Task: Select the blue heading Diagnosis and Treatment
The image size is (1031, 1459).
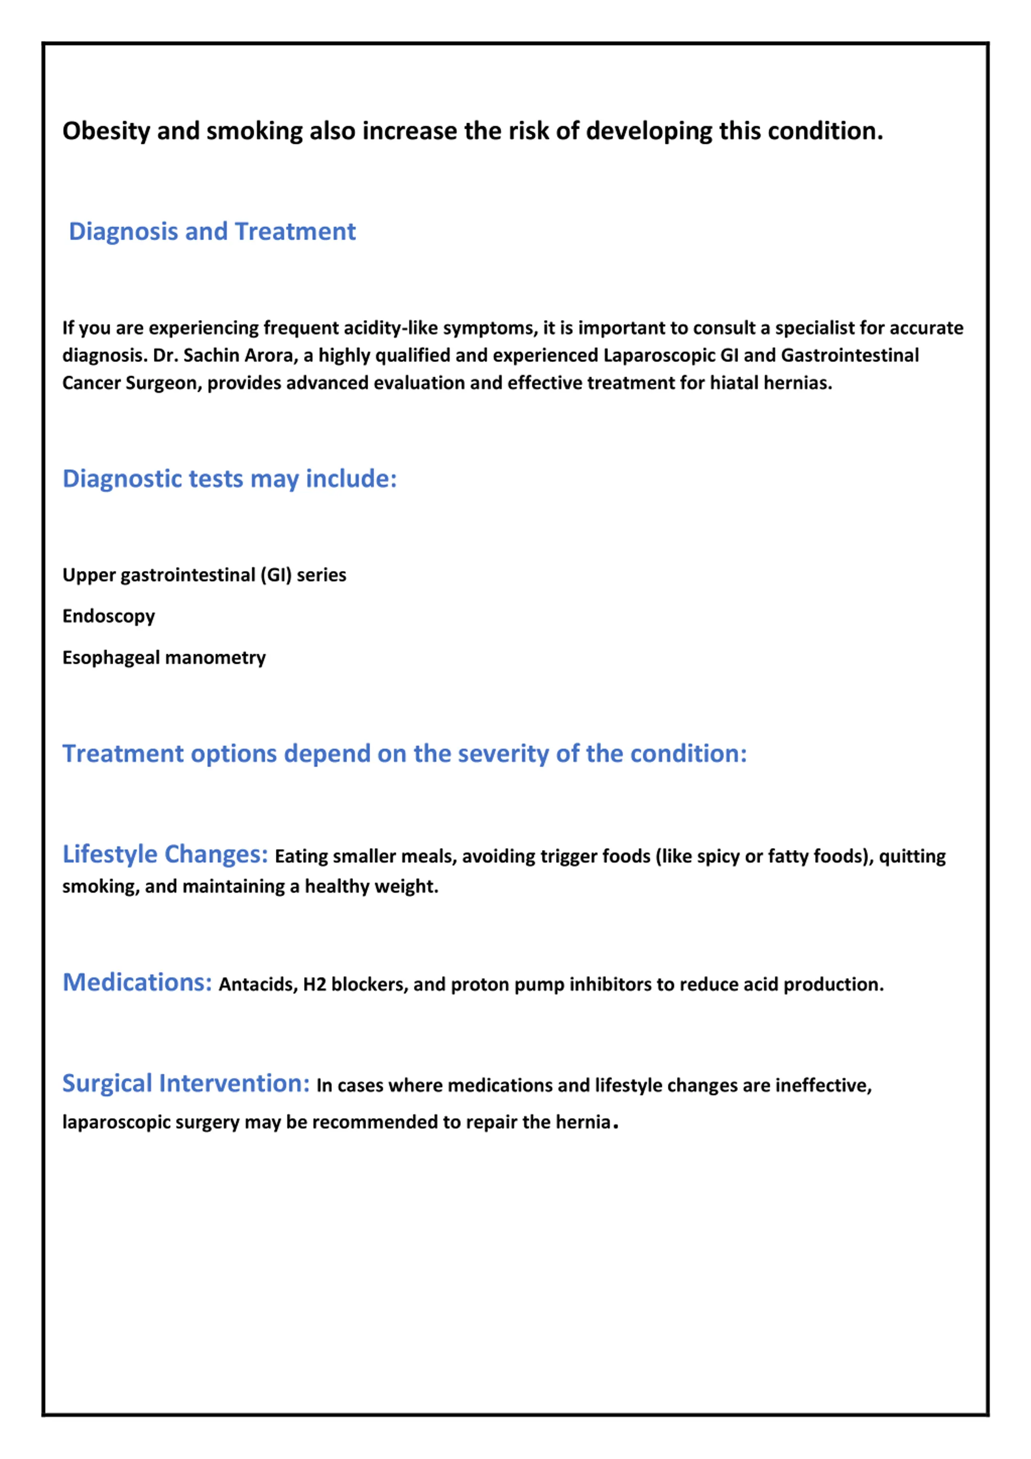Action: point(212,232)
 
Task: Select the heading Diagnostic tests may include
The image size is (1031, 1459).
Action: point(230,479)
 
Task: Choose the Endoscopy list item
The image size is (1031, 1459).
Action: point(109,616)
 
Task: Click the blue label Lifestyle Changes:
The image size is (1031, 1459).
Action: point(165,855)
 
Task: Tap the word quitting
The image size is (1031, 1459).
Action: point(912,857)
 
